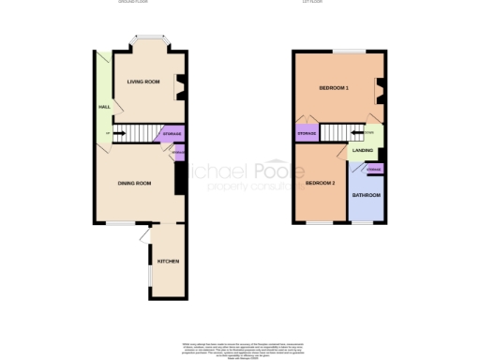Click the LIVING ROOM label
[143, 82]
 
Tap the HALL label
[103, 107]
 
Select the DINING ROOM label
[133, 183]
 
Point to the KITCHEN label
[168, 260]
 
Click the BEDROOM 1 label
[334, 88]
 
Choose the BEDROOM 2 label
[320, 183]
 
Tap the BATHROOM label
[366, 195]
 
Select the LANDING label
[363, 150]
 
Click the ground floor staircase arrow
[118, 133]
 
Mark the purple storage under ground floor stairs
[172, 134]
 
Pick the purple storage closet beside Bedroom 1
[307, 135]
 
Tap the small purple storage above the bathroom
[374, 169]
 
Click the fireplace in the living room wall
[181, 85]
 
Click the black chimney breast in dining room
[179, 178]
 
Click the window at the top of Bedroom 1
[352, 51]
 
